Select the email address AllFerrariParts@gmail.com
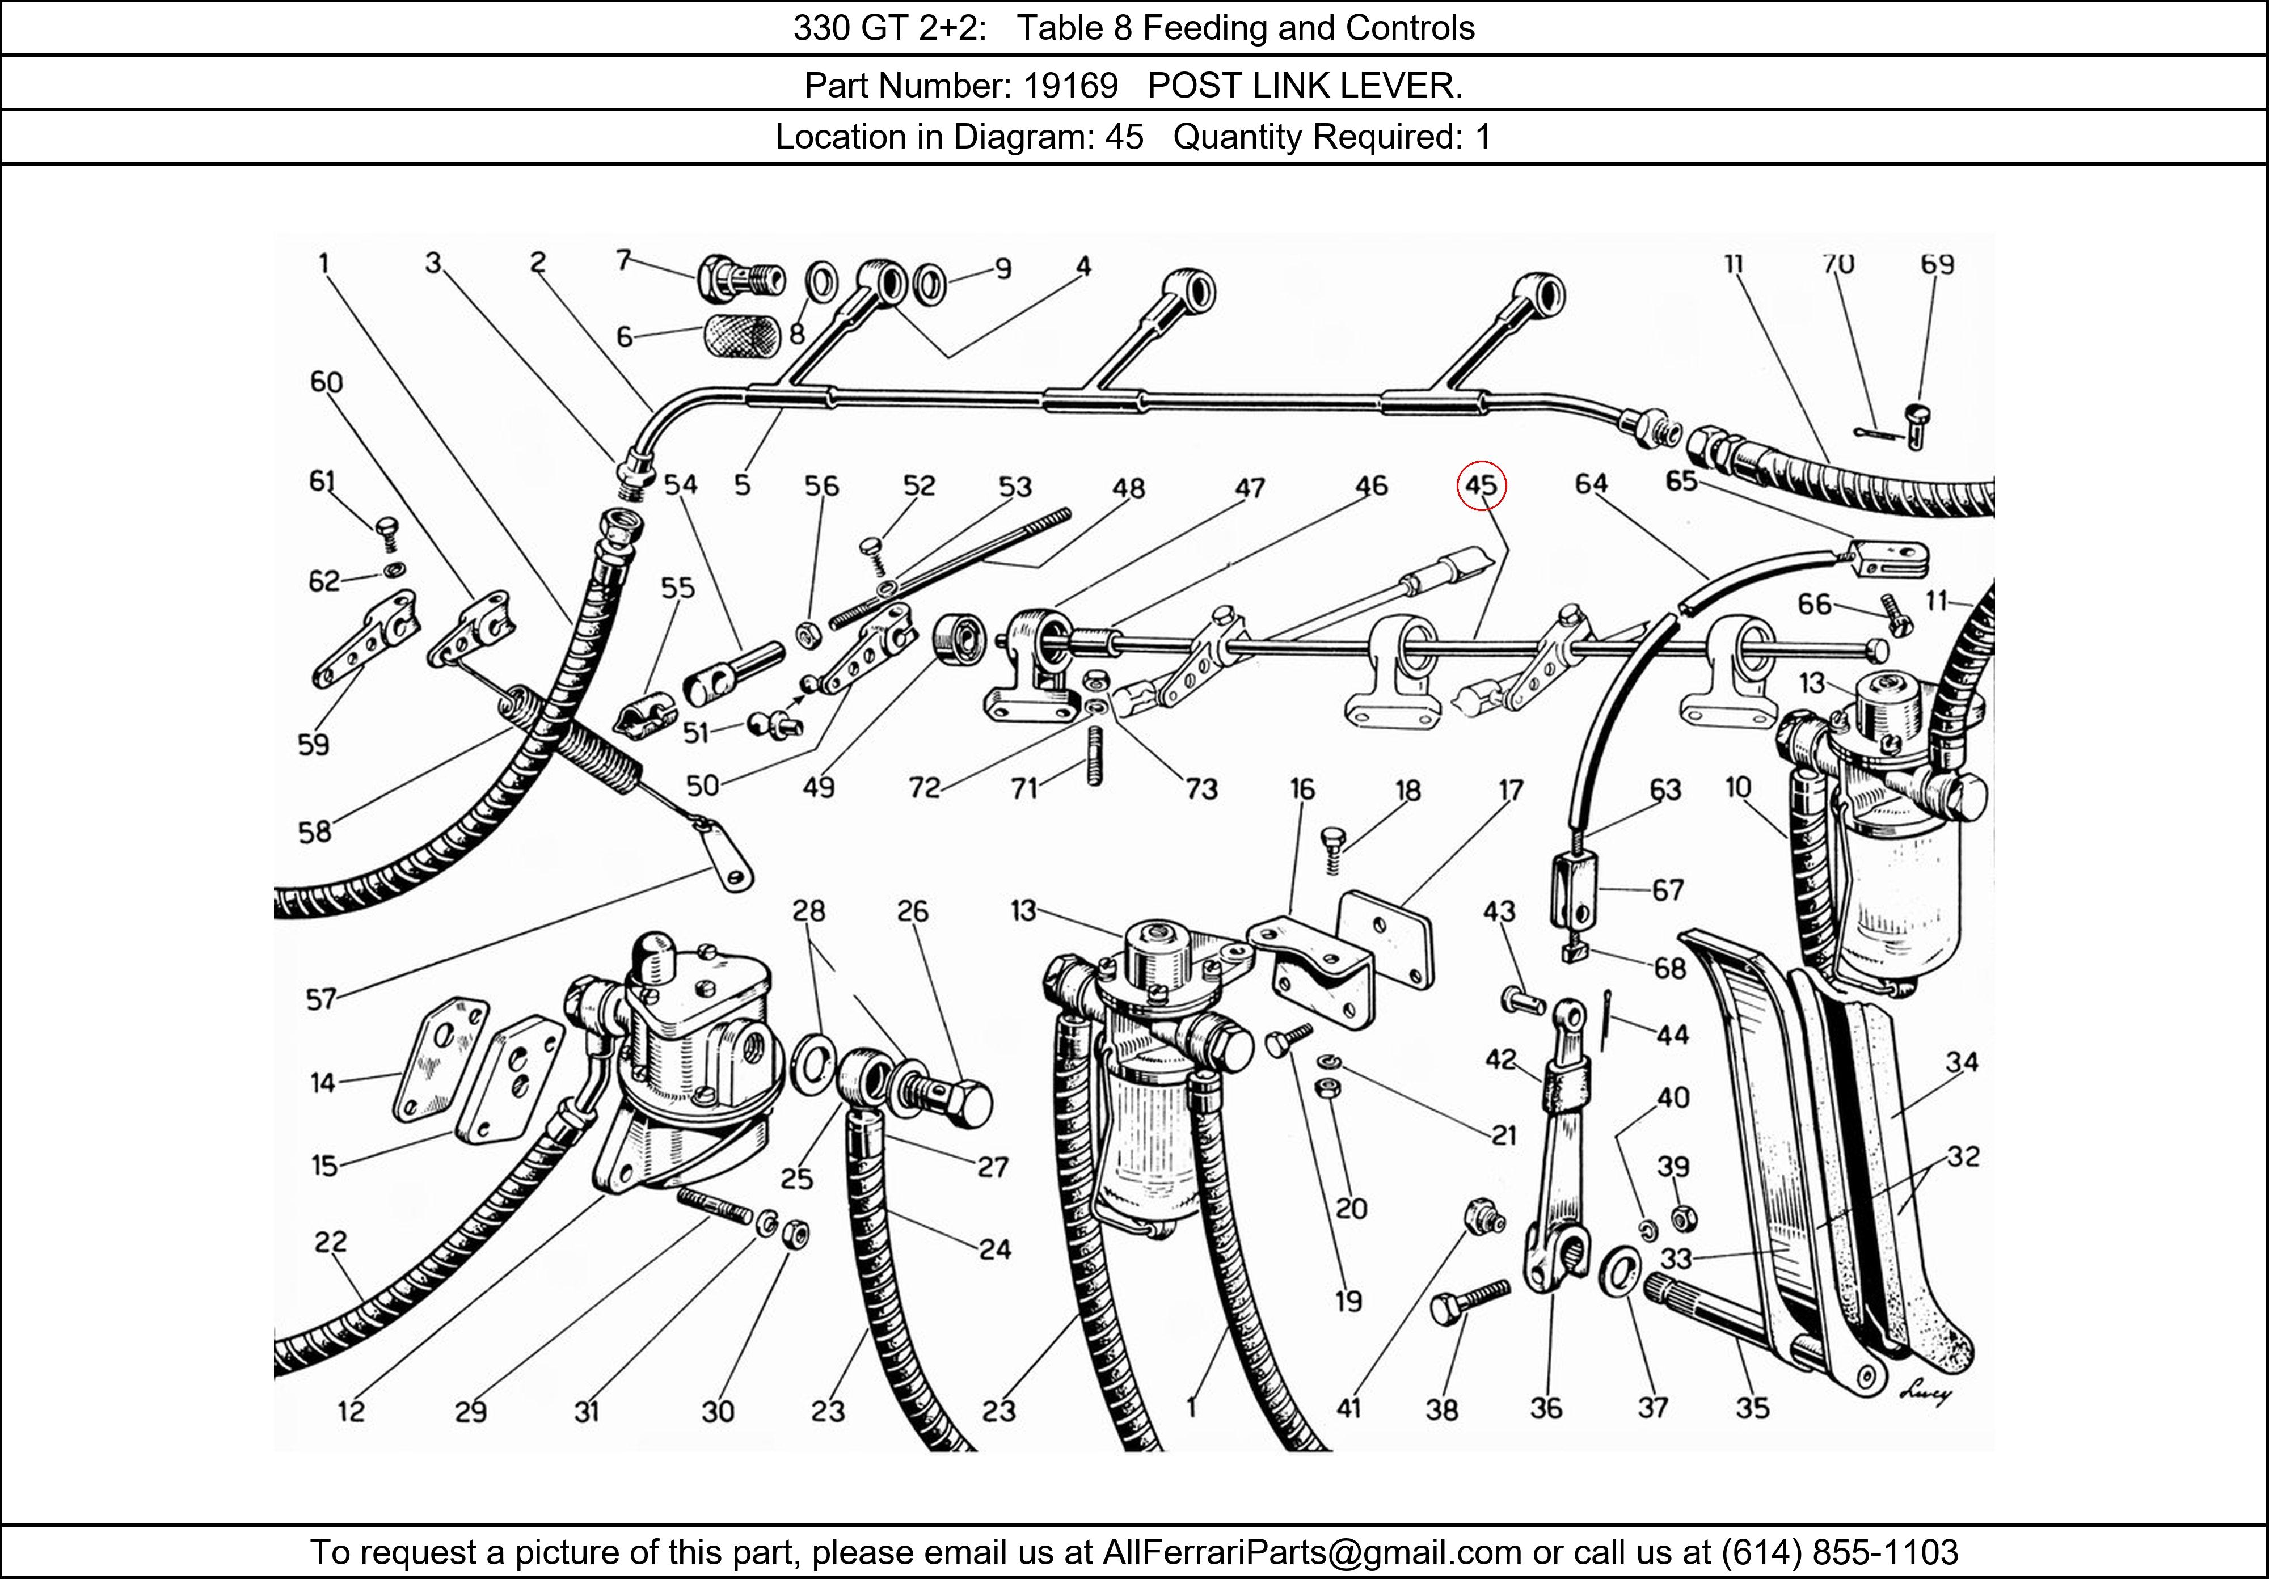coord(1311,1552)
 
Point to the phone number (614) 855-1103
coord(1839,1552)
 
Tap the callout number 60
coord(326,382)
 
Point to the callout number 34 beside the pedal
coord(1962,1062)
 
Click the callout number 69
coord(1937,264)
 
